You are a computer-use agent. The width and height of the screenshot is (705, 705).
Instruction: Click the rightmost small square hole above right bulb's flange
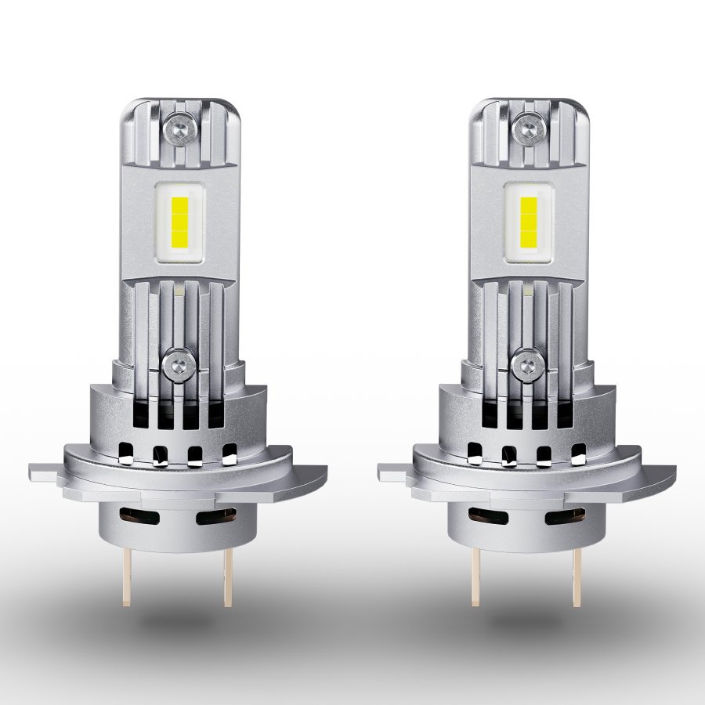(579, 452)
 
